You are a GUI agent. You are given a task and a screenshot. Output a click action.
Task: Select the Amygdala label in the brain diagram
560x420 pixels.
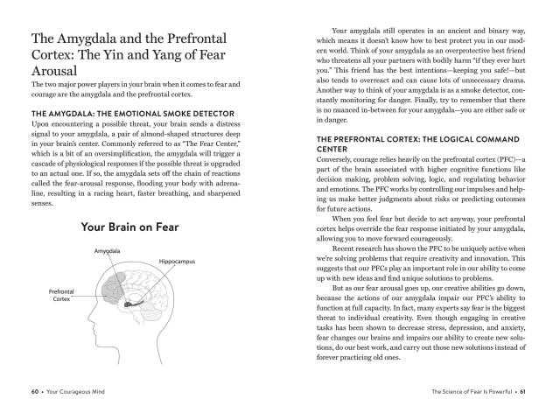pos(108,252)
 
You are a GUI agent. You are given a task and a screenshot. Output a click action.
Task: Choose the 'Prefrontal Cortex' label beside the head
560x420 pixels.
pos(60,295)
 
